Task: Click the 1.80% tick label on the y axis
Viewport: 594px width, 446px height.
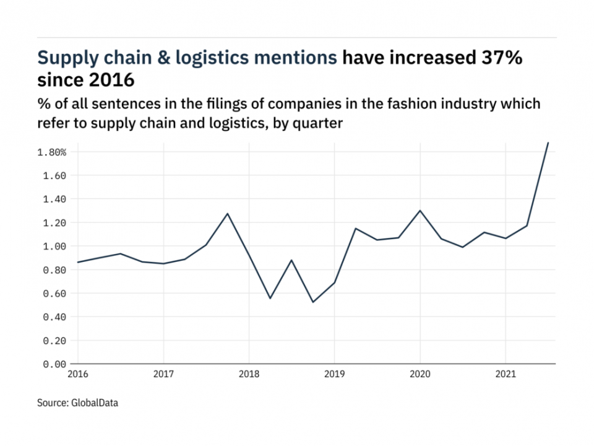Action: [52, 152]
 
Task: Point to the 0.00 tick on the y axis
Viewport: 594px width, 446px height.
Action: [55, 364]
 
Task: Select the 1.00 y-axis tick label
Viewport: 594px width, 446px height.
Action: [55, 247]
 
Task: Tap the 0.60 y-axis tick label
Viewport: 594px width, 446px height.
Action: [55, 294]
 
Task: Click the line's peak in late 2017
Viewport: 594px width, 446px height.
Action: [228, 214]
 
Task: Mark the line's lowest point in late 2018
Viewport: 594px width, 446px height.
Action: [313, 302]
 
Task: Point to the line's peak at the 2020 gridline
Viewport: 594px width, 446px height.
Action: [420, 211]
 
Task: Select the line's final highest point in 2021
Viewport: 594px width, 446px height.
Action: [548, 142]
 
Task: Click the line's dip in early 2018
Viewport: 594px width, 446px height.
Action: [270, 299]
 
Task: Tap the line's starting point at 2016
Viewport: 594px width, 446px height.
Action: [78, 262]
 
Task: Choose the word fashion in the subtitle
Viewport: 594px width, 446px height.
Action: [410, 103]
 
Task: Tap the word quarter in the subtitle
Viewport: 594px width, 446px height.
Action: [320, 123]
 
